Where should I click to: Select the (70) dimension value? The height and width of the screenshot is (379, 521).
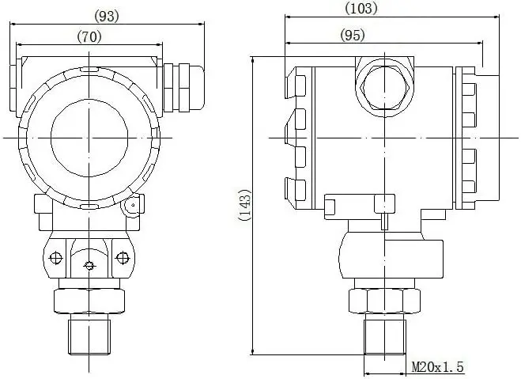[89, 36]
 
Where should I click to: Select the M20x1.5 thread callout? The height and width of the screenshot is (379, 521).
[437, 367]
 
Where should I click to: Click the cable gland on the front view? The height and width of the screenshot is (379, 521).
[181, 85]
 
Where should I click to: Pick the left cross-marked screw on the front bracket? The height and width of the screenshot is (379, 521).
[55, 257]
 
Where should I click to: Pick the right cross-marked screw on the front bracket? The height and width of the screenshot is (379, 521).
[122, 257]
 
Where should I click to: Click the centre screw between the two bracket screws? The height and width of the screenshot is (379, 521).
[89, 264]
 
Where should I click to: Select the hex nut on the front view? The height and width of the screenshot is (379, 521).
[89, 301]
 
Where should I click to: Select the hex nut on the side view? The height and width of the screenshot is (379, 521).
[385, 301]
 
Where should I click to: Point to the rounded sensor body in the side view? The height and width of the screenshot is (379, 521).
[385, 255]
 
